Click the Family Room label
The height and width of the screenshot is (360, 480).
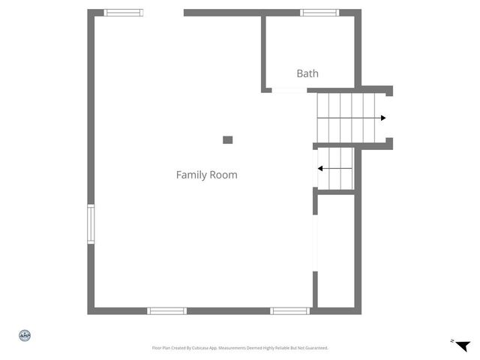[x=206, y=175]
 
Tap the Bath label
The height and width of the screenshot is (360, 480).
[x=307, y=73]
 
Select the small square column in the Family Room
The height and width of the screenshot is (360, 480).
[x=228, y=139]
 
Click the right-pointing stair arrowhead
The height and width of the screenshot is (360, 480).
[x=383, y=118]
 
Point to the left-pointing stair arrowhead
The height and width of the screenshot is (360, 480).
[x=320, y=169]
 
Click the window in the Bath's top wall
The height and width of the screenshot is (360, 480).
[x=319, y=12]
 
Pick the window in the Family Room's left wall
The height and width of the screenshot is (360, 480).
[x=91, y=224]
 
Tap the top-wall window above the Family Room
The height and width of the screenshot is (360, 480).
[x=124, y=12]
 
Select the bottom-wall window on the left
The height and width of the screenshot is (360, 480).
[x=166, y=310]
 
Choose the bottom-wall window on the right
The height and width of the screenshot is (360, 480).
[x=289, y=310]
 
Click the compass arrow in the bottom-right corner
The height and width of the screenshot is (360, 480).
[x=462, y=345]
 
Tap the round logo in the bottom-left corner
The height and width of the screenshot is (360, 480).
[x=24, y=335]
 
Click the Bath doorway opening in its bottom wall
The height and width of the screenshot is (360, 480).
[x=289, y=91]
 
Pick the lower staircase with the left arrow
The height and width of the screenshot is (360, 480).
[x=335, y=169]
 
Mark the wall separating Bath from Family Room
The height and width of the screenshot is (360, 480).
[x=264, y=52]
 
